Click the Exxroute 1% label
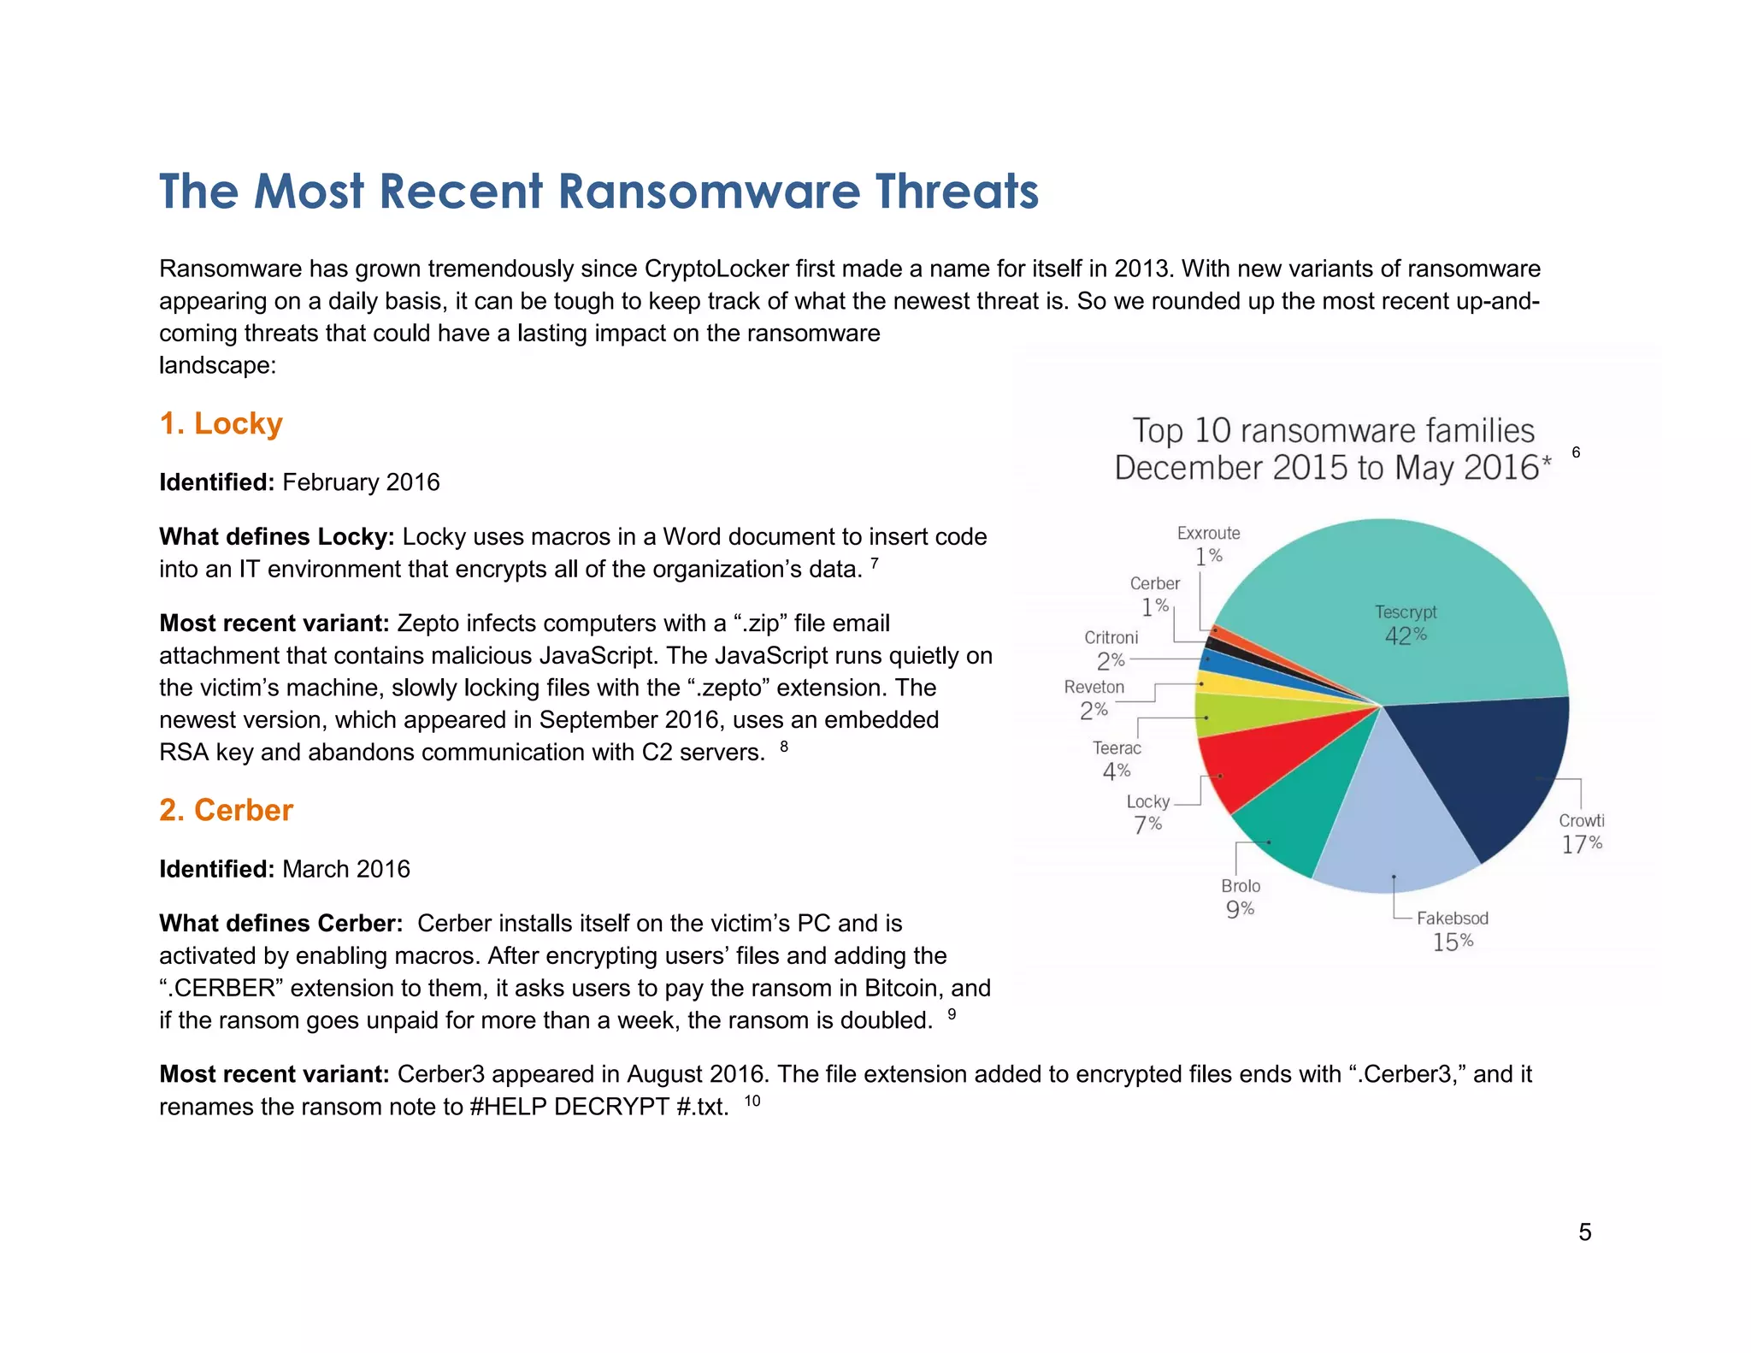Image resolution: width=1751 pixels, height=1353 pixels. (1208, 544)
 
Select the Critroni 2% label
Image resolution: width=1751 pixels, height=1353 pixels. (1111, 649)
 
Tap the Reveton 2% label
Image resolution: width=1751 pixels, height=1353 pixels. (1094, 698)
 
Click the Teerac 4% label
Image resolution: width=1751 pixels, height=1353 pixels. (1117, 759)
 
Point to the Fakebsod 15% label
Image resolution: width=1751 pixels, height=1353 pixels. (1453, 930)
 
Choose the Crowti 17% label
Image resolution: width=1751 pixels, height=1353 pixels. (1582, 832)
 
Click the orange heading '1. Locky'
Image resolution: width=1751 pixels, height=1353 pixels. (221, 423)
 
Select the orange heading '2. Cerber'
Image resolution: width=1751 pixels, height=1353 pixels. (226, 810)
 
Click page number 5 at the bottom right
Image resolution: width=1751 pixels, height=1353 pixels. (1584, 1232)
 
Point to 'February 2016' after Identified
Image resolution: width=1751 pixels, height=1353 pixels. (361, 482)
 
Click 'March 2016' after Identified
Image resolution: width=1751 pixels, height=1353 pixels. (346, 869)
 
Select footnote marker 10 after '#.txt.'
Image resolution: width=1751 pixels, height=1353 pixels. (752, 1101)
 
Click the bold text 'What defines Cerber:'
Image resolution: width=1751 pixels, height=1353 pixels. (280, 924)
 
